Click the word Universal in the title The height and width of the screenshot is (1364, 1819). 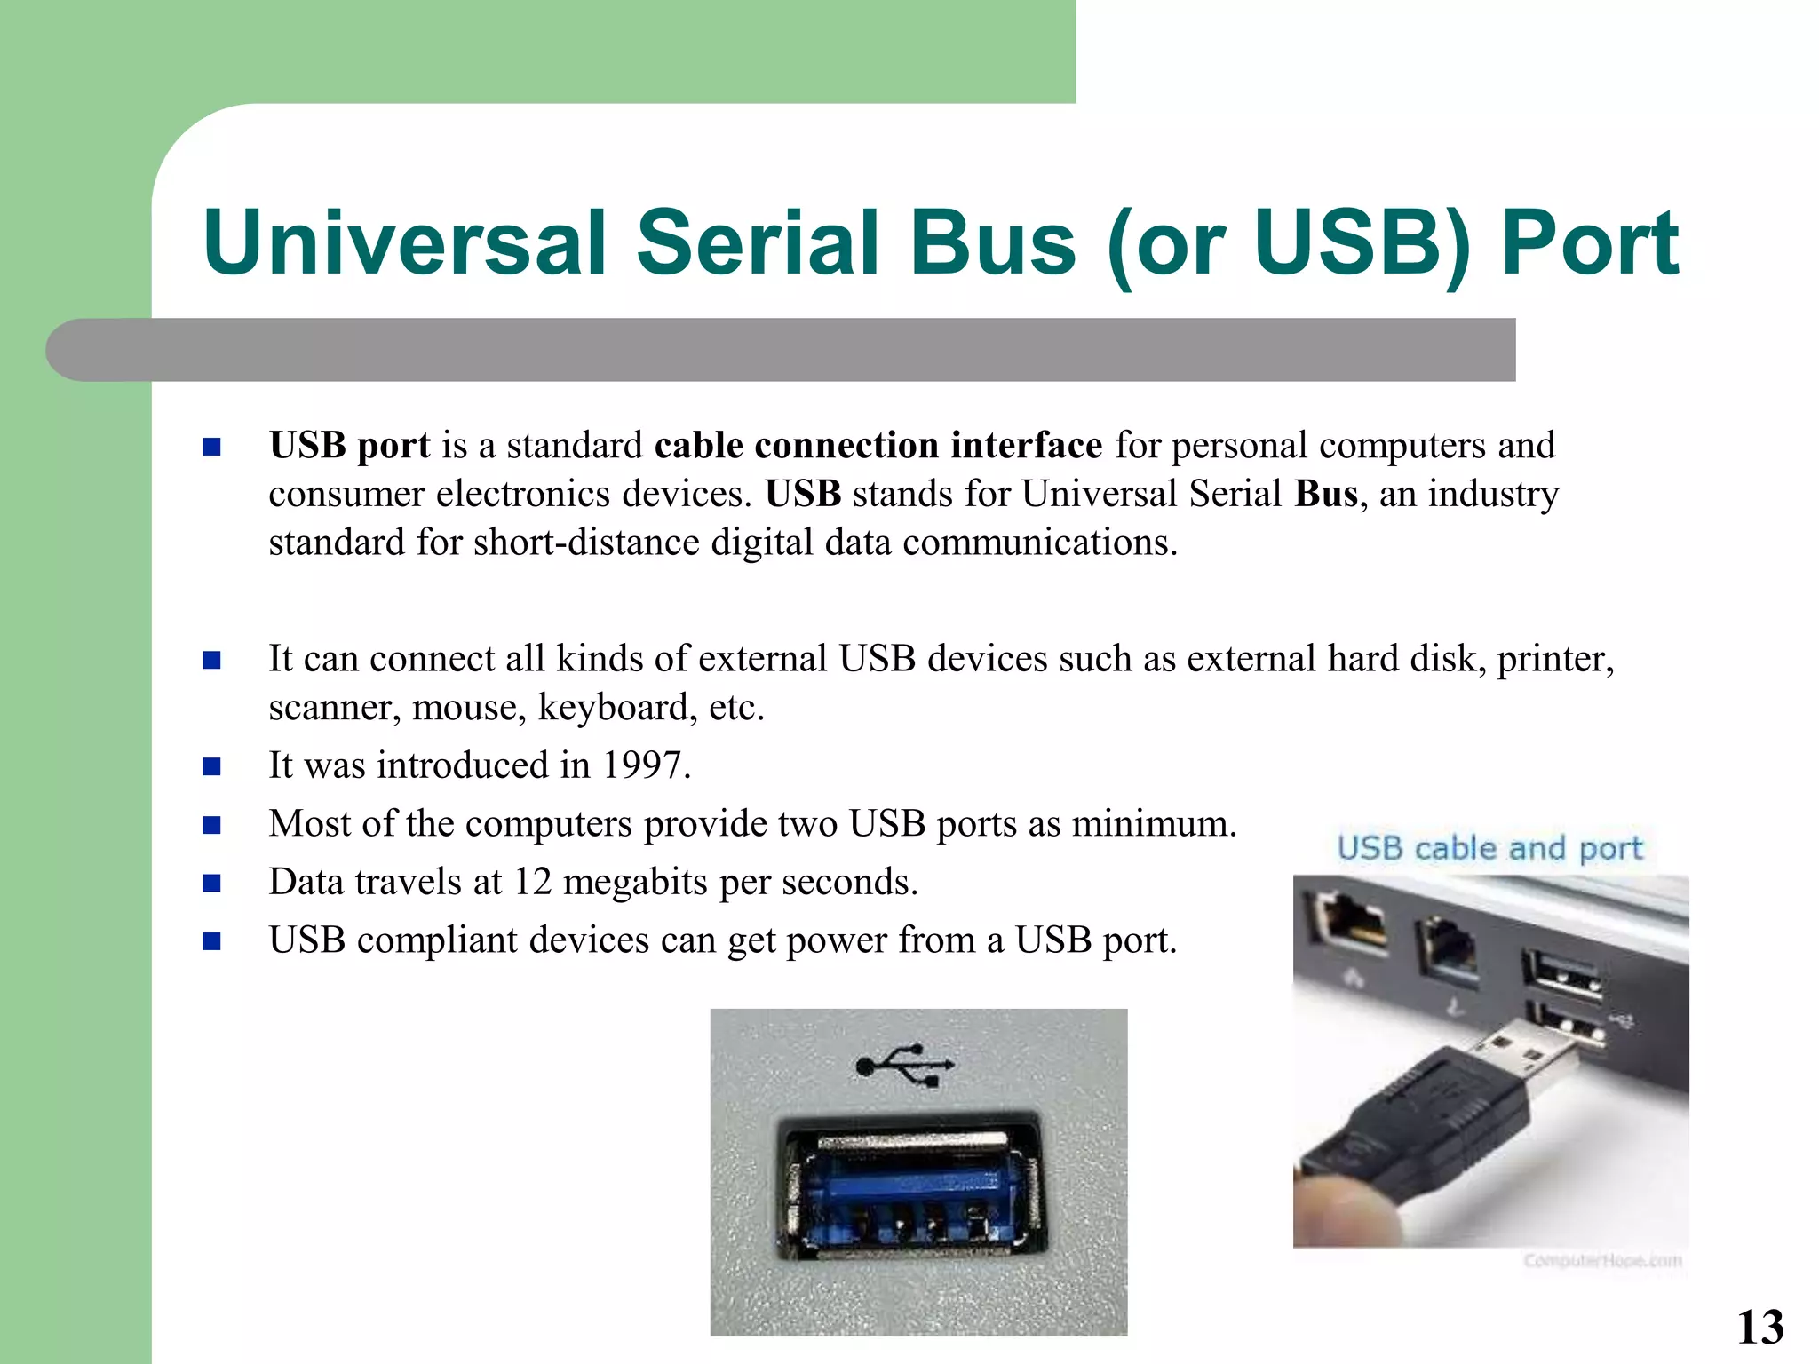click(404, 242)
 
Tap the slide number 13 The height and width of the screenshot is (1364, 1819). click(1759, 1328)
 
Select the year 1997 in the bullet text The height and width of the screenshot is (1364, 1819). click(643, 765)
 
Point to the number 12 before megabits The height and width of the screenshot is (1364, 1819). click(533, 882)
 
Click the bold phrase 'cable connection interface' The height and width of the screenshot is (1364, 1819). click(878, 445)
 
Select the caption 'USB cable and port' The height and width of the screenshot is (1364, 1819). click(1490, 848)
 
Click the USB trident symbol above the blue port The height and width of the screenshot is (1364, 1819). click(905, 1064)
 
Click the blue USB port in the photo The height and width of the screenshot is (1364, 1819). click(909, 1190)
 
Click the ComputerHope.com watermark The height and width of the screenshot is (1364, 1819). click(1602, 1260)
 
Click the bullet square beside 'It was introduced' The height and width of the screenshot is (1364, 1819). click(211, 766)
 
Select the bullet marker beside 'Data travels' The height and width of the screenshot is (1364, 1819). click(211, 883)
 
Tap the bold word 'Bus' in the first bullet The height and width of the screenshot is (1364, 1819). click(1326, 494)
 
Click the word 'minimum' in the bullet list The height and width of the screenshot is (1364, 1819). click(1150, 824)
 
